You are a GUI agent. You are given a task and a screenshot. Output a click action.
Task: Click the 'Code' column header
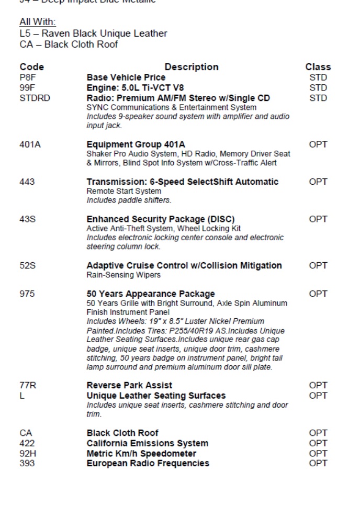[x=31, y=67]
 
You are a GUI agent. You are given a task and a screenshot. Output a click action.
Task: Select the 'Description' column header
[x=192, y=67]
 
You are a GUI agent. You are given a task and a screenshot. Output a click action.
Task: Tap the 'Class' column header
[x=318, y=67]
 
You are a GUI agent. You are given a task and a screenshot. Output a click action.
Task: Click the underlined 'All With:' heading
[x=38, y=22]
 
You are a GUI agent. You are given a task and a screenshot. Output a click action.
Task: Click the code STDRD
[x=35, y=98]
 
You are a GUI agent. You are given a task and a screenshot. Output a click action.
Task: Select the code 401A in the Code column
[x=30, y=144]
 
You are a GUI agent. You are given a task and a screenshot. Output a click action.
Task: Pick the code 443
[x=27, y=182]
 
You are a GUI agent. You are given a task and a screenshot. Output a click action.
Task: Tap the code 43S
[x=28, y=219]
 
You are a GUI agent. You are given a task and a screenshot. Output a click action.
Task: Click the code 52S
[x=28, y=266]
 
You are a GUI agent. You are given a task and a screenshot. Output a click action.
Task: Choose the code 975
[x=27, y=294]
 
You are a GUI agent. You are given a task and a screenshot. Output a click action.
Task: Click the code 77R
[x=28, y=386]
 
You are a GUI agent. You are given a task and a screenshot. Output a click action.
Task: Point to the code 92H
[x=28, y=454]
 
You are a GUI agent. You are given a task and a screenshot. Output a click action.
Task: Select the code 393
[x=27, y=464]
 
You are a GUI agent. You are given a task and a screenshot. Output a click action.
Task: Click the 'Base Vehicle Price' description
[x=126, y=77]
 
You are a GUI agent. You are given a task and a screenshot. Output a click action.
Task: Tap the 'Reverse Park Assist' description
[x=129, y=386]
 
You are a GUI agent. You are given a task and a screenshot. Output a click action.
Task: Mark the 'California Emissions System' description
[x=148, y=444]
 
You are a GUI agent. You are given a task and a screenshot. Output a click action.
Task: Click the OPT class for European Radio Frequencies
[x=318, y=464]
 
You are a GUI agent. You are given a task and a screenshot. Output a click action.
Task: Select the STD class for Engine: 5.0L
[x=318, y=88]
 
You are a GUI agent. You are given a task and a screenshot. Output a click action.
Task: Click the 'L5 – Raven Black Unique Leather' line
[x=94, y=33]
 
